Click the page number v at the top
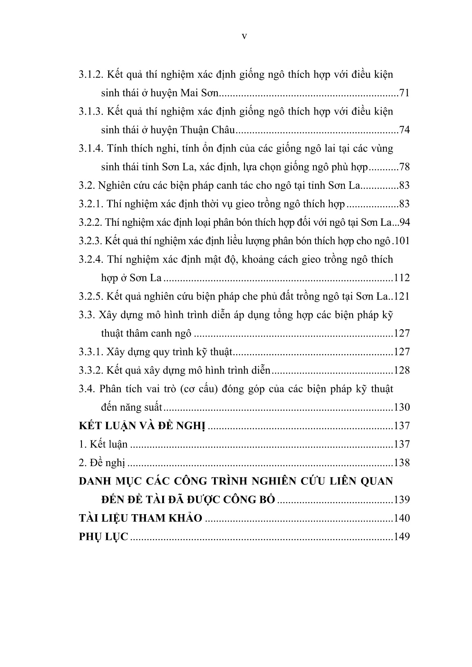point(244,36)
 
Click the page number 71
point(404,93)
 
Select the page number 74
point(404,130)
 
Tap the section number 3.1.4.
point(91,148)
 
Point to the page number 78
point(404,167)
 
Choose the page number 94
point(404,222)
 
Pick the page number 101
point(402,241)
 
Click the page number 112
point(401,278)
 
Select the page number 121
point(401,296)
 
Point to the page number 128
point(401,370)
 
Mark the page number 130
point(401,407)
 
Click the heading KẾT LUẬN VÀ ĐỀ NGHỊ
point(143,426)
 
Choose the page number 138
point(401,463)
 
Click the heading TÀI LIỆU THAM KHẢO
point(140,518)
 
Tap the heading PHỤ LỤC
point(103,537)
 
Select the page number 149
point(401,537)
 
